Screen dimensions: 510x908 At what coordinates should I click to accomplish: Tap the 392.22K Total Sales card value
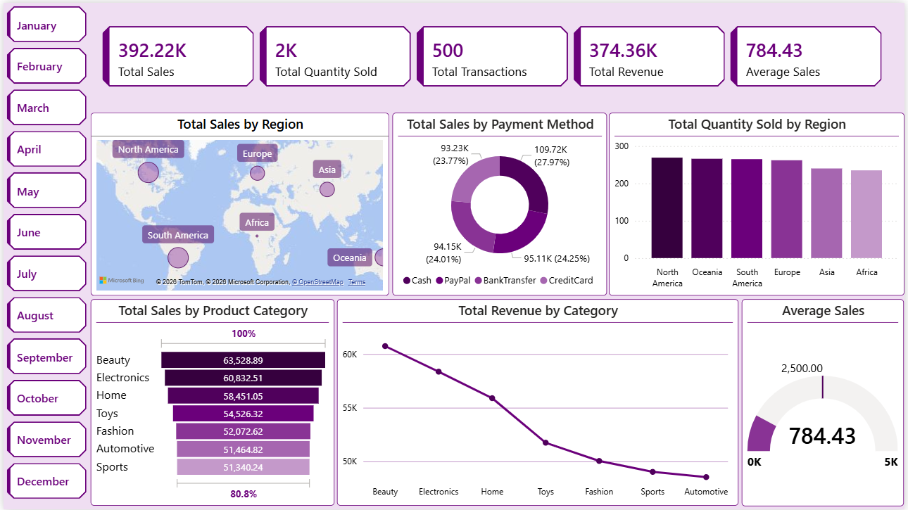coord(152,50)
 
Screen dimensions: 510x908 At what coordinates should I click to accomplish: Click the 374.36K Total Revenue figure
coord(623,50)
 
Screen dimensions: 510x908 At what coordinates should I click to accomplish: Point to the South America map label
coord(177,235)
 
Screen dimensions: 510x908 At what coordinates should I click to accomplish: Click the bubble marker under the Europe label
coord(258,173)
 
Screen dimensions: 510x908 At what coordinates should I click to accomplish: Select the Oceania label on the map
coord(350,257)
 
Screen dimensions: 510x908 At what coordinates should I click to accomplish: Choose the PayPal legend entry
coord(457,280)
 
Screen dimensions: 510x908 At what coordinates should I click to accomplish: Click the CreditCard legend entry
coord(570,280)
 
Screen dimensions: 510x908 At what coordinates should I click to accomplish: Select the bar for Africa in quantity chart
coord(866,214)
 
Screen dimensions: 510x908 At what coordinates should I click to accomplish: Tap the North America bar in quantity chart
coord(667,208)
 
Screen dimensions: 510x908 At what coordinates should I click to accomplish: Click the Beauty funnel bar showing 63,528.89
coord(243,360)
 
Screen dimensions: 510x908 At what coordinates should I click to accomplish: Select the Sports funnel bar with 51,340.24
coord(243,467)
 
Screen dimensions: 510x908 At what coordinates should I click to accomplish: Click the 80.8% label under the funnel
coord(243,494)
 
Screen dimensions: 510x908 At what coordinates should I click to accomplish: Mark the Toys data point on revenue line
coord(546,442)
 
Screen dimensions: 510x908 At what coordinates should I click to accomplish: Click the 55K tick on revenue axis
coord(350,408)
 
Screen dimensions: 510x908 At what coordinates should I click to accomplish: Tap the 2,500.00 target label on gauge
coord(802,368)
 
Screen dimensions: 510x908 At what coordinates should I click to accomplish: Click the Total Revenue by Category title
coord(538,310)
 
